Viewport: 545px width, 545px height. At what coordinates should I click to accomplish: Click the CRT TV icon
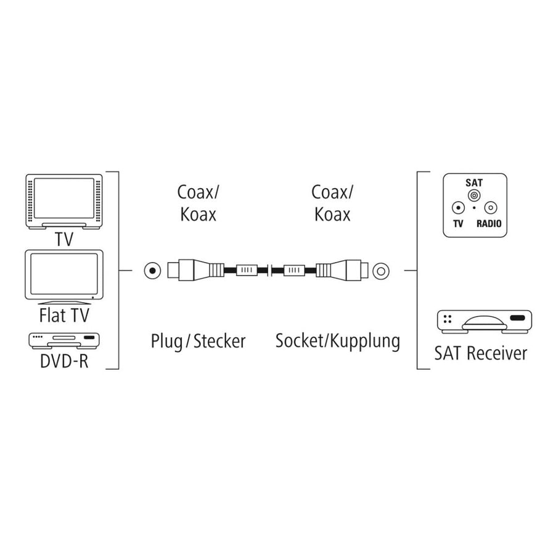point(64,201)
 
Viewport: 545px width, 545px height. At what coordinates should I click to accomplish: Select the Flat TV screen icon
point(64,275)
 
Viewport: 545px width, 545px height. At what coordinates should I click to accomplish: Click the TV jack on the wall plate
point(457,208)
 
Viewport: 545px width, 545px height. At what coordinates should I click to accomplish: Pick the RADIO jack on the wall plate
point(490,208)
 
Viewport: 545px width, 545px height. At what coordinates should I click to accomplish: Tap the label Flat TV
point(64,316)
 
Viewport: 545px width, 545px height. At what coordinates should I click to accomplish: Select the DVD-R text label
point(64,361)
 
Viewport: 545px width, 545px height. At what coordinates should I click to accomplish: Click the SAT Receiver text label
point(480,353)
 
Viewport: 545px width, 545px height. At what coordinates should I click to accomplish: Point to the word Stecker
point(219,341)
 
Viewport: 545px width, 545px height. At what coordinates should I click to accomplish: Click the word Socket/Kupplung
point(337,341)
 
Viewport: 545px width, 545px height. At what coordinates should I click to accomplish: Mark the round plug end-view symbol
point(151,270)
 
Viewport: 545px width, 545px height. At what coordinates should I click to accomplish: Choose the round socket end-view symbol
point(381,270)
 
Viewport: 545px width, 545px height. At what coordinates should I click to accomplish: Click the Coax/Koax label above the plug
point(198,203)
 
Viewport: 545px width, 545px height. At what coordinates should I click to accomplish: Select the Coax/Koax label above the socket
point(332,203)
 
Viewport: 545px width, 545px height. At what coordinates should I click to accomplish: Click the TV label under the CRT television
point(64,239)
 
